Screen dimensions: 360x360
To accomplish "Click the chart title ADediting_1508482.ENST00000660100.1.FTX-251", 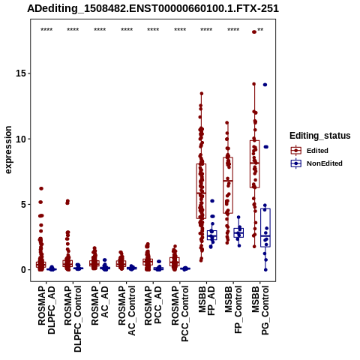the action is [153, 9].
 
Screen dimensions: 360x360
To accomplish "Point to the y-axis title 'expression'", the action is [8, 150].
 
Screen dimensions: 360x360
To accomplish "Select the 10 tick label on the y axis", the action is [21, 139].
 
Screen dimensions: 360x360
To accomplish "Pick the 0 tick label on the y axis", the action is [24, 270].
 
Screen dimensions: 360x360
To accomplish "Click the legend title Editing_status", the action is [320, 136].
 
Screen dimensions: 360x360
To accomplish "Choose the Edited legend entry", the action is [317, 151].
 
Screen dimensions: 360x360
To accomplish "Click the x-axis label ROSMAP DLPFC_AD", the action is [46, 310].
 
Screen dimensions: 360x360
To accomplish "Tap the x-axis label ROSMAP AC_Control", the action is [127, 310].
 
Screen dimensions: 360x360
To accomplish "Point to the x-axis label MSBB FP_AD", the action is [207, 301].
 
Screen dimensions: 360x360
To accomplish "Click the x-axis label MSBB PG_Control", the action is [260, 310].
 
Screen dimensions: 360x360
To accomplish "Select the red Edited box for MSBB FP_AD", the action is [201, 191].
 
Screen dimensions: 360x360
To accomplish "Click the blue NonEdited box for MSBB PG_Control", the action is [265, 228].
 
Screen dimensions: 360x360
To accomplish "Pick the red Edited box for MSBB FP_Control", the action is [228, 185].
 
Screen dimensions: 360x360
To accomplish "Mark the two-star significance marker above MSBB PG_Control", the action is [260, 30].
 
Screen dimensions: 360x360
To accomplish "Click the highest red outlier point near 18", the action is [254, 31].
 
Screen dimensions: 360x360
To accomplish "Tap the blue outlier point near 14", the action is [265, 85].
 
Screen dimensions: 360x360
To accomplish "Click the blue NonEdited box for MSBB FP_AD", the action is [212, 235].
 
